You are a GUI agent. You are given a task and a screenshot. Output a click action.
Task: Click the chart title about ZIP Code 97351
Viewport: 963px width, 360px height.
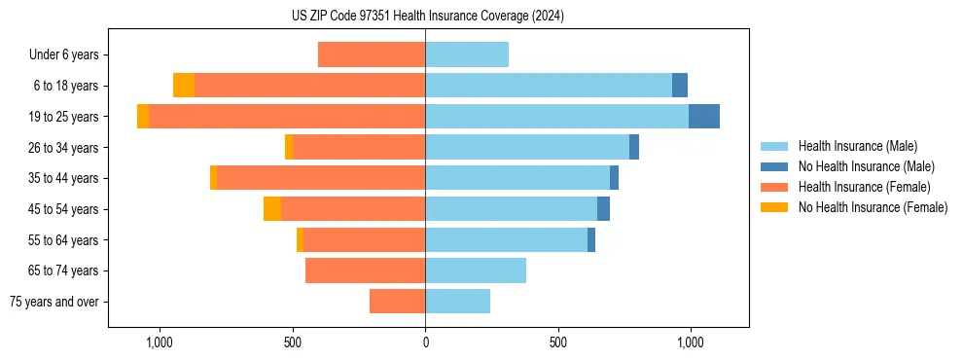tap(428, 17)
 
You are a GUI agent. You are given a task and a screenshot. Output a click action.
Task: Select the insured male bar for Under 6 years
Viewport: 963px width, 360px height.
tap(467, 54)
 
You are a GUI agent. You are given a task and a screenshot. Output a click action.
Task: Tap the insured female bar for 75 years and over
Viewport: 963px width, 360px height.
tap(397, 302)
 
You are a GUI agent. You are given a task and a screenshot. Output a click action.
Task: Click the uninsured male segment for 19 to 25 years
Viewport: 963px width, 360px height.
tap(704, 117)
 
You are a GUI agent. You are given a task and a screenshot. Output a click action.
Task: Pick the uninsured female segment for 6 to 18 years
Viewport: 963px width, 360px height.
tap(184, 86)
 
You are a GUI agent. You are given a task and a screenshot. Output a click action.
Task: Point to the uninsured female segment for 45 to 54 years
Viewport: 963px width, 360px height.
tap(272, 209)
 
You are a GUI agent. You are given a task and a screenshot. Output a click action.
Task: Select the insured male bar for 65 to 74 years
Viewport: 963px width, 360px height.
tap(476, 270)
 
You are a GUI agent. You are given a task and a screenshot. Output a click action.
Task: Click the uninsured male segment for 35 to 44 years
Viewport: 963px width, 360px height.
tap(614, 178)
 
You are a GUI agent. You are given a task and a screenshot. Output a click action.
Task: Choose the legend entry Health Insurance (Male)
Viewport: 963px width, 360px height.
tap(856, 147)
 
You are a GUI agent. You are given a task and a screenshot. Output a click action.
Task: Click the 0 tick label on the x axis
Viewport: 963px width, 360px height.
tap(425, 343)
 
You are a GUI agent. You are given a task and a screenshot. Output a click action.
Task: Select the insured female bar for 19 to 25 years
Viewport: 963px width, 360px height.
tap(287, 117)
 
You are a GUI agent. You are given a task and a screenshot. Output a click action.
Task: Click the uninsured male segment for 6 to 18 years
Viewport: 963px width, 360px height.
tap(680, 86)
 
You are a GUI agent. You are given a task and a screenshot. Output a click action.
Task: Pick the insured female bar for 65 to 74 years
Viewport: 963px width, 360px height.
tap(365, 270)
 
